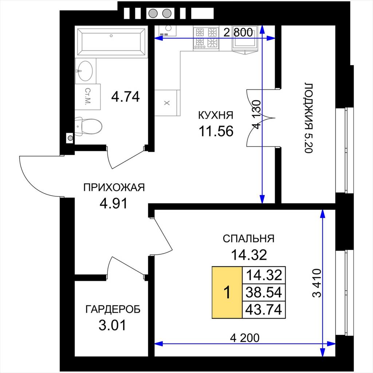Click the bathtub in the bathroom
[111, 42]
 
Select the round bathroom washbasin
[85, 71]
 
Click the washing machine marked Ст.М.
[88, 97]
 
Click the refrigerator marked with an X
[167, 103]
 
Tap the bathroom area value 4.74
[125, 97]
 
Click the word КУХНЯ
[216, 115]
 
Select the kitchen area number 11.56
[216, 131]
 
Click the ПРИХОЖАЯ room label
[114, 188]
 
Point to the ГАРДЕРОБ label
[113, 309]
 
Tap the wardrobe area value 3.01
[112, 325]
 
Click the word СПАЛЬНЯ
[248, 239]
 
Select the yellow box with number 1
[227, 292]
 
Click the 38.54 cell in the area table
[264, 292]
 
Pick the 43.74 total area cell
[264, 310]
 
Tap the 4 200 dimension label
[245, 338]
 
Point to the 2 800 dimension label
[238, 32]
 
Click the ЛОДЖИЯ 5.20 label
[309, 118]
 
